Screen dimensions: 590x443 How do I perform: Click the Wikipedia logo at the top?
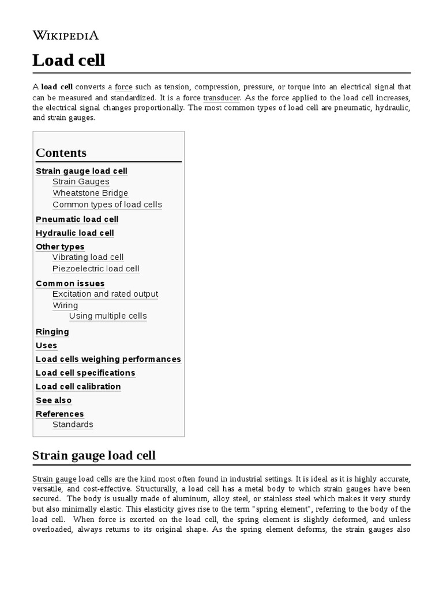[65, 36]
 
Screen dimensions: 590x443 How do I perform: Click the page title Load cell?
[69, 60]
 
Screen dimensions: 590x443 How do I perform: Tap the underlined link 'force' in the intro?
[123, 87]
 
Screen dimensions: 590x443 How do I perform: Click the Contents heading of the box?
[61, 153]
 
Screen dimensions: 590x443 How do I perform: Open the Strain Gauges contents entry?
[81, 181]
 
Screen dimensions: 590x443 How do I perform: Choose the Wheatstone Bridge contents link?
[90, 193]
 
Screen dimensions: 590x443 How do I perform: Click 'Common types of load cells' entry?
[107, 205]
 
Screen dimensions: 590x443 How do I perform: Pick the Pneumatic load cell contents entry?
[77, 219]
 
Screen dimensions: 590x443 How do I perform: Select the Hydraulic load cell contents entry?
[75, 233]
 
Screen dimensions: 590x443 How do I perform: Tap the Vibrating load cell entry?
[88, 257]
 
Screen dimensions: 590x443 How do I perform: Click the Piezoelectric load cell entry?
[96, 268]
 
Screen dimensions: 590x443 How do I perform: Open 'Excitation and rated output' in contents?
[105, 294]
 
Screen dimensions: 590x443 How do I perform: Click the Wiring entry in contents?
[65, 305]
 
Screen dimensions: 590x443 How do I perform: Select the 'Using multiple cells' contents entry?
[108, 316]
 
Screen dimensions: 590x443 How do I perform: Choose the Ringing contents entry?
[52, 331]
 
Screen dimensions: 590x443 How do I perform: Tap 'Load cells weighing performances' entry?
[108, 359]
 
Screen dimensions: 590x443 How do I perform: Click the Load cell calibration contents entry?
[78, 387]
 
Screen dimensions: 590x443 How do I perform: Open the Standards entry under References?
[73, 425]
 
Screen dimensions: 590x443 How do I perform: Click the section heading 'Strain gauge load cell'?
[94, 456]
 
